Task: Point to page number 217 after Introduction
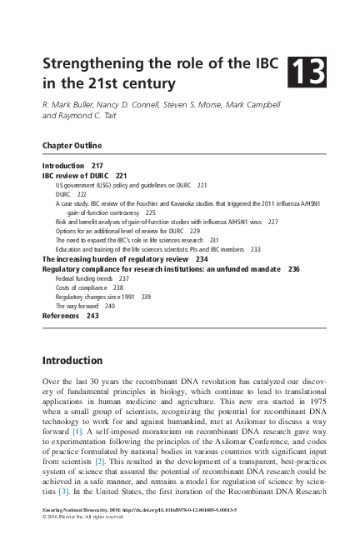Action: (97, 167)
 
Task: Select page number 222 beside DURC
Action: (81, 193)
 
